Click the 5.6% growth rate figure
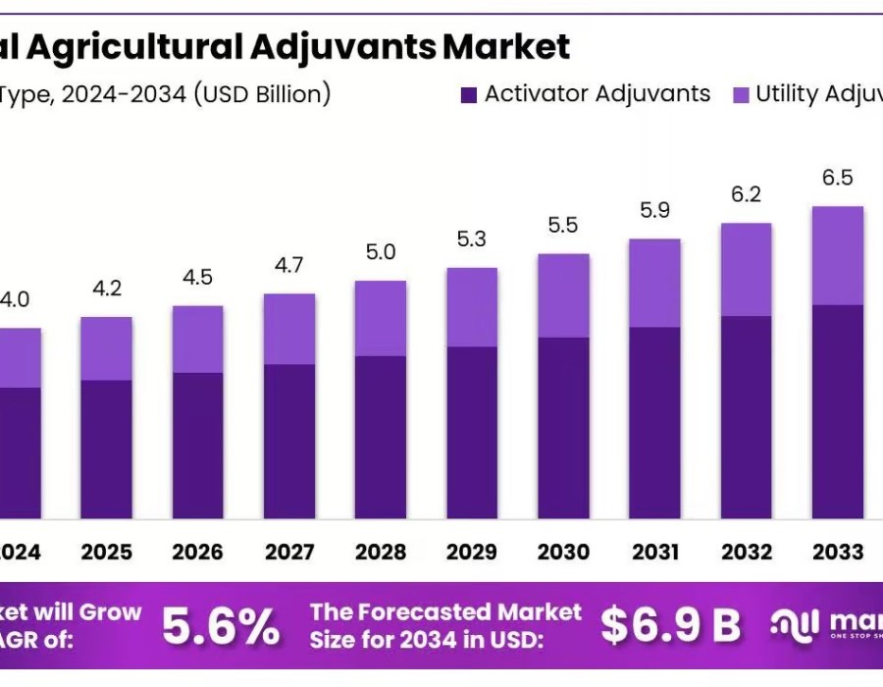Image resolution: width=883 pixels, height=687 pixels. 220,626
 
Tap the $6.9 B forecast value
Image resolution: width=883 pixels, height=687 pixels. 670,626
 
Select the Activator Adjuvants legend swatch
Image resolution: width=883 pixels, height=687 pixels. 468,94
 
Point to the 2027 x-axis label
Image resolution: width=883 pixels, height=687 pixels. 288,552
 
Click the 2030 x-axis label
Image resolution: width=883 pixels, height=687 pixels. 563,552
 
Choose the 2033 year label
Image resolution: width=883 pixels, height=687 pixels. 838,552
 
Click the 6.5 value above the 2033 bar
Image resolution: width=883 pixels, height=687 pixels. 838,178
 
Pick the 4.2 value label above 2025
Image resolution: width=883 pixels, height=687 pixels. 106,289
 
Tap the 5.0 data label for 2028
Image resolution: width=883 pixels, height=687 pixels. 381,252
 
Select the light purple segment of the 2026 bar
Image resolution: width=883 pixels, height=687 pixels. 197,339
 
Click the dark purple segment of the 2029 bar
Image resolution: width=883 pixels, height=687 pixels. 472,432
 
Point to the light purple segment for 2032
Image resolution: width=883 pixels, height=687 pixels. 746,269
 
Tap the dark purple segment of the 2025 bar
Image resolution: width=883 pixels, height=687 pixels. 106,449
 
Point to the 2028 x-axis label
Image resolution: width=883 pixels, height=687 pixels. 381,552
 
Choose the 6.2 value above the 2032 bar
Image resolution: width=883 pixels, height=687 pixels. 746,194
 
